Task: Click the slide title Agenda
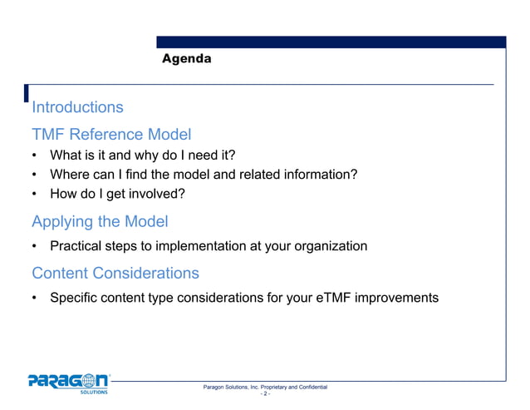[x=186, y=59]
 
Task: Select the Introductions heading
[x=77, y=107]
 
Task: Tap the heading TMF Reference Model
[x=111, y=134]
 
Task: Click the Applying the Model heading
[x=100, y=222]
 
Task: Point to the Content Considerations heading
[x=115, y=273]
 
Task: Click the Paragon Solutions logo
[x=69, y=384]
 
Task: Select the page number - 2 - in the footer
[x=265, y=395]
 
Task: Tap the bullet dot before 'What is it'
[x=35, y=156]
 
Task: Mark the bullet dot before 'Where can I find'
[x=35, y=175]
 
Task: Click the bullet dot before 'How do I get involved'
[x=35, y=195]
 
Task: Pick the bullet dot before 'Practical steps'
[x=35, y=246]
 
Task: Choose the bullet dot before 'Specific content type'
[x=35, y=298]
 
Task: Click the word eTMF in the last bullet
[x=335, y=298]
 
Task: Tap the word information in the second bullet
[x=320, y=175]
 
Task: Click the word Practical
[x=76, y=246]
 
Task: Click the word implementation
[x=204, y=246]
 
